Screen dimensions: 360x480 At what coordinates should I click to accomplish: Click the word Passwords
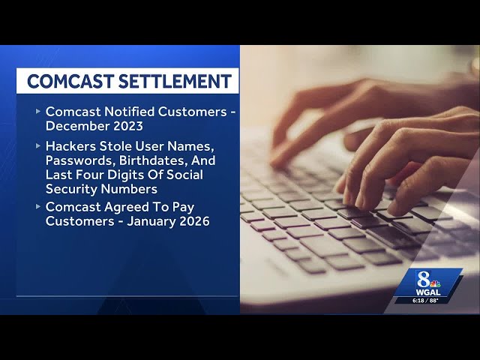(x=78, y=160)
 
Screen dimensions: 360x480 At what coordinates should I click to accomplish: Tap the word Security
(x=73, y=189)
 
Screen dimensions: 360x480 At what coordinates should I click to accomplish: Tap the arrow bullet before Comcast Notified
(x=37, y=111)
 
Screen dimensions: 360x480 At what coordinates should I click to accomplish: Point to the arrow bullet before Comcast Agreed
(x=37, y=207)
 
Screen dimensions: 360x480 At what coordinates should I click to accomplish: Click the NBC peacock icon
(x=436, y=283)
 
